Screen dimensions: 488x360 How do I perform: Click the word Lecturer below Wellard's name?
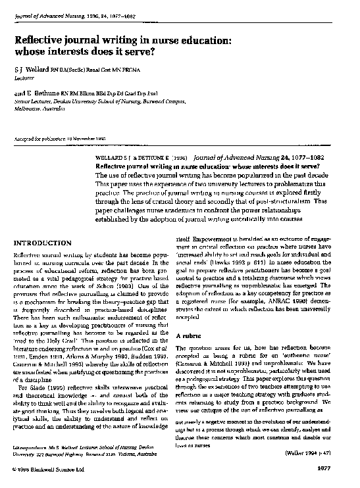(24, 77)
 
